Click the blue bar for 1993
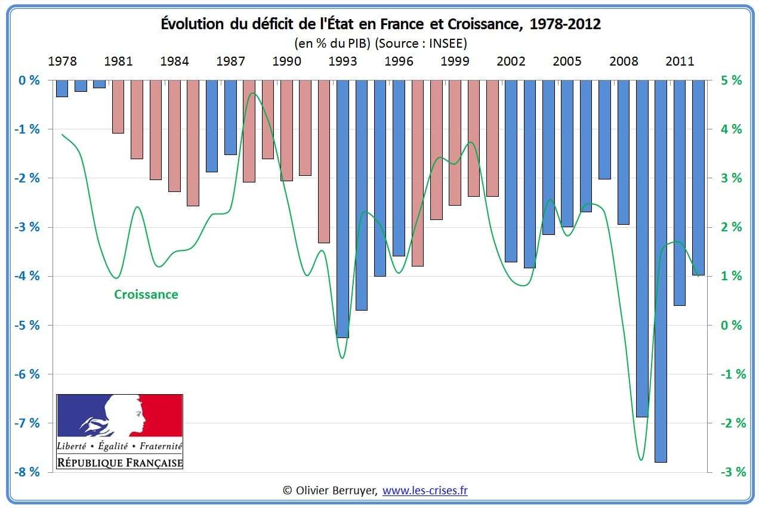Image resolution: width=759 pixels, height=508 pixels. pyautogui.click(x=343, y=209)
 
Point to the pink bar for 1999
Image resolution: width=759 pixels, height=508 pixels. pyautogui.click(x=455, y=143)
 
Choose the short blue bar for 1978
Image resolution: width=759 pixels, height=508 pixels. pyautogui.click(x=62, y=88)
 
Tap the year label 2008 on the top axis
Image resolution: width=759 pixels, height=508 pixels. pyautogui.click(x=624, y=61)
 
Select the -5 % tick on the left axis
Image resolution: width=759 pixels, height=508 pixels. pyautogui.click(x=26, y=326)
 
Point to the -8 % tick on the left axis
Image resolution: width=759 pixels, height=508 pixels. pyautogui.click(x=26, y=472)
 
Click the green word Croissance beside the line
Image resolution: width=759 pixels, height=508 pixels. pyautogui.click(x=146, y=294)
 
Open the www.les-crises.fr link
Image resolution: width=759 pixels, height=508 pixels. pyautogui.click(x=425, y=490)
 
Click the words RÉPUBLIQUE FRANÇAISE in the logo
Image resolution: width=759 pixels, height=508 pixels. pyautogui.click(x=119, y=462)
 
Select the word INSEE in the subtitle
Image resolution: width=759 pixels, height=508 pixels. pyautogui.click(x=446, y=43)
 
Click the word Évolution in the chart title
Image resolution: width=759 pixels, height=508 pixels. pyautogui.click(x=191, y=24)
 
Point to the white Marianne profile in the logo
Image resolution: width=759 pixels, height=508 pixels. pyautogui.click(x=126, y=415)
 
